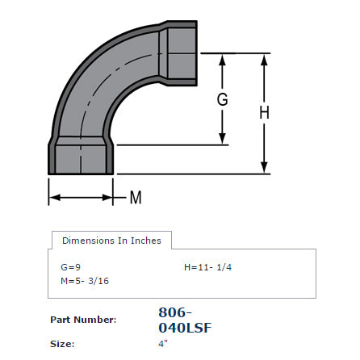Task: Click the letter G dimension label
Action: tap(223, 100)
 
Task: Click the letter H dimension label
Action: tap(264, 114)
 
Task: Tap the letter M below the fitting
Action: tap(136, 197)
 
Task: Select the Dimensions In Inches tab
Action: tap(111, 241)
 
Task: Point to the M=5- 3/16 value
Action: tap(84, 281)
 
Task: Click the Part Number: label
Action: tap(83, 320)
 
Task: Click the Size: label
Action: tap(61, 344)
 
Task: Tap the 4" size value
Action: tap(163, 344)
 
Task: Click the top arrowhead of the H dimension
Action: tap(264, 58)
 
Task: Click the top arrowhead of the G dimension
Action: tap(223, 58)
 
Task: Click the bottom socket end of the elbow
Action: tap(81, 157)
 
